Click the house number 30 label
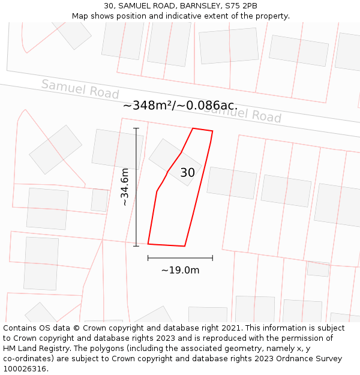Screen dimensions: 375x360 click(188, 173)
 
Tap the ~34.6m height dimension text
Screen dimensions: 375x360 click(125, 187)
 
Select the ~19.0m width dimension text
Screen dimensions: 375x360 click(180, 270)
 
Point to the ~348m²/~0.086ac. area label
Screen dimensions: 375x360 click(180, 106)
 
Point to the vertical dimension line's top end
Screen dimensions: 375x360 click(136, 128)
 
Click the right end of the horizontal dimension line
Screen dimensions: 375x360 click(212, 258)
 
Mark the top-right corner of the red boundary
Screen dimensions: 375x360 click(212, 131)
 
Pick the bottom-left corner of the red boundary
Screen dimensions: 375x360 click(148, 244)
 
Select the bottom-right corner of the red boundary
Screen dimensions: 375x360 click(184, 246)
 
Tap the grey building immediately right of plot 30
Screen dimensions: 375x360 click(232, 183)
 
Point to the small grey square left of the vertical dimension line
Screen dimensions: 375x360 click(100, 200)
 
